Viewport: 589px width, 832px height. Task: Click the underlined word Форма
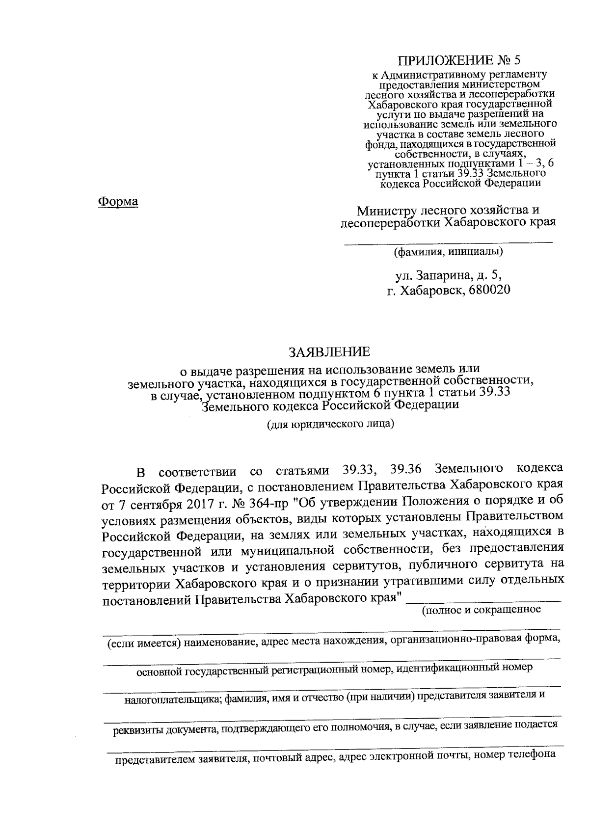coord(118,201)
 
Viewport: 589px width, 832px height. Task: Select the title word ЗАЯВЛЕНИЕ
coord(329,351)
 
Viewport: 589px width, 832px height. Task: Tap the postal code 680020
coord(489,290)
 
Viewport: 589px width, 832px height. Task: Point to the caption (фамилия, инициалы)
coord(448,252)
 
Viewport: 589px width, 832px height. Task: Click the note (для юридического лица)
coord(330,424)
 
